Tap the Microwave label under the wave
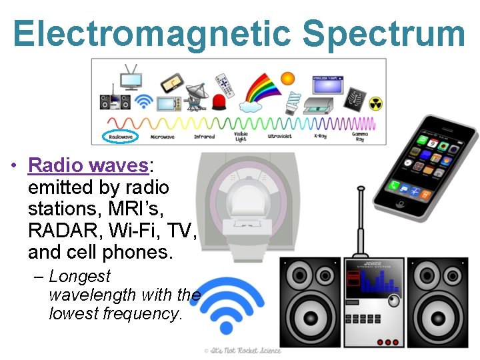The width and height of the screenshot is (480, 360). click(163, 137)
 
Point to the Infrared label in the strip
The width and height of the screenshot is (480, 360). click(205, 137)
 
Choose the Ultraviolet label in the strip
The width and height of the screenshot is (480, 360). click(279, 137)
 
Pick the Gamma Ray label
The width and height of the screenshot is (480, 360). click(361, 137)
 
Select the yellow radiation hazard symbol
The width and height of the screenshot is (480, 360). click(376, 104)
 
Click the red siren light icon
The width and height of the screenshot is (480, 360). click(219, 103)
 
